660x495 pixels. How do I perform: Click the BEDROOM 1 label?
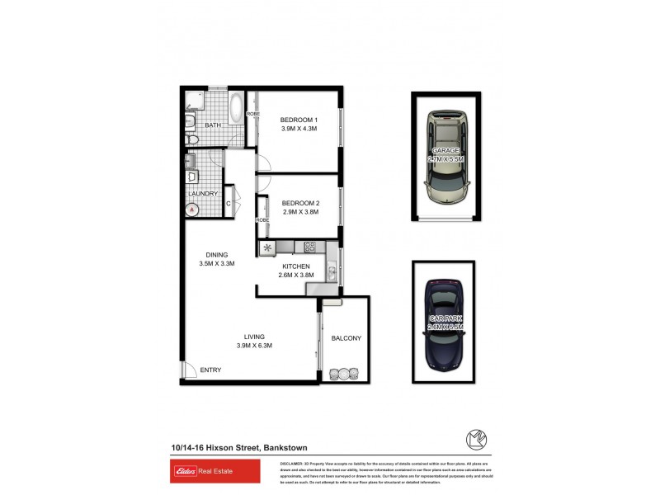[299, 119]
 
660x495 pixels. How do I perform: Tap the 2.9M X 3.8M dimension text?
[299, 212]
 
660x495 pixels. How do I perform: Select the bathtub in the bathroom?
[235, 109]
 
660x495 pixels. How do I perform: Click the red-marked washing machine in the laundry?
[193, 210]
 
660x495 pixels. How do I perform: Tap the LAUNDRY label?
[202, 194]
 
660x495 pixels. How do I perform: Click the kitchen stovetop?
[310, 246]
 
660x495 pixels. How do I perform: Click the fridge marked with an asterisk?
[267, 247]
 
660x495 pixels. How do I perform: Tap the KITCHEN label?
[296, 266]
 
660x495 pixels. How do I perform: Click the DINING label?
[217, 254]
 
